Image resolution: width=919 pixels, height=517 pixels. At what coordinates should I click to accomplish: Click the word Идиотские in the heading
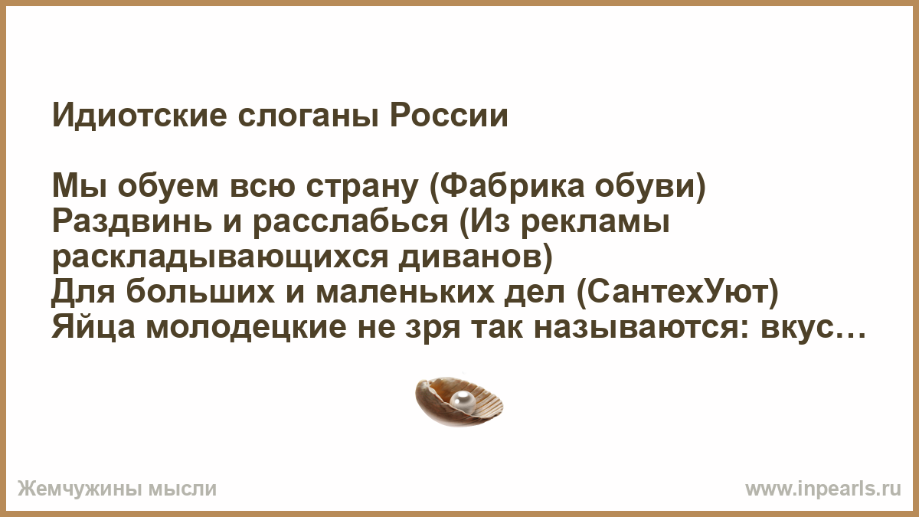click(139, 116)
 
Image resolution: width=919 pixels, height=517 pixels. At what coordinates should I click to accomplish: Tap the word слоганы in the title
click(308, 117)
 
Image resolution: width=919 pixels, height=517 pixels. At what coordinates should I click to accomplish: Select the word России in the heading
click(449, 116)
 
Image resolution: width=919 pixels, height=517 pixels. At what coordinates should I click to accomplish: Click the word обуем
click(168, 188)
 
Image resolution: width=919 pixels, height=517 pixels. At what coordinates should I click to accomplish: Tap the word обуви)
click(650, 188)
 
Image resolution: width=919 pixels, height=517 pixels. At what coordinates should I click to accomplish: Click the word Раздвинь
click(132, 222)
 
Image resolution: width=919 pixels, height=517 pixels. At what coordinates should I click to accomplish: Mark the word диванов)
click(476, 257)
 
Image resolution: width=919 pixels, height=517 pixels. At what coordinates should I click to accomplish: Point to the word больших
click(200, 292)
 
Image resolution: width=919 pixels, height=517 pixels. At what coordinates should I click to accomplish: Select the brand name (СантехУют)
click(678, 292)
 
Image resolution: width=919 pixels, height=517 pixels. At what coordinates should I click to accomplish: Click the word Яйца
click(93, 329)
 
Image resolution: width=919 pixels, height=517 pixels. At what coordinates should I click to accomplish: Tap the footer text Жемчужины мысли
click(117, 489)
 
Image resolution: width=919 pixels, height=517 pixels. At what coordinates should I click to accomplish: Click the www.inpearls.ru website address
click(823, 489)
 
